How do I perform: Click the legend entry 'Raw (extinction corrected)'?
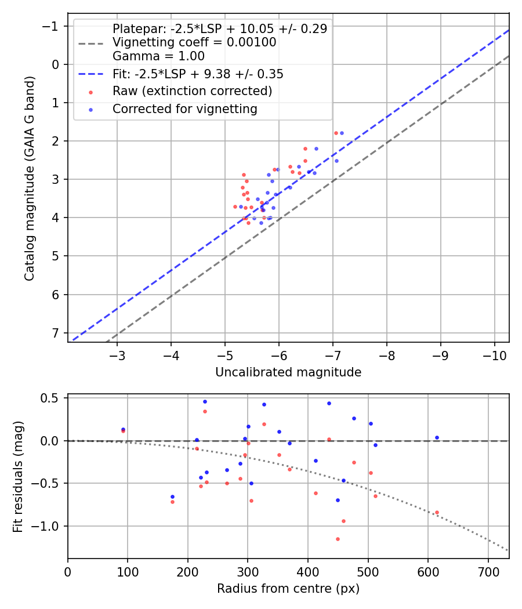192,91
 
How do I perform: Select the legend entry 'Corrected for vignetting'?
185,109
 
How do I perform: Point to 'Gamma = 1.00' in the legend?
158,56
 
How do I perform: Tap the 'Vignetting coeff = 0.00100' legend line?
194,42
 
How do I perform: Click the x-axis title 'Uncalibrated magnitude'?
288,372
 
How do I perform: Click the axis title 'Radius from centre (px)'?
288,589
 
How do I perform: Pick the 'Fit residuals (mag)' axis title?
18,476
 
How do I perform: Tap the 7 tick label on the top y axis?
56,333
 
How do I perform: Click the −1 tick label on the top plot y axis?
51,26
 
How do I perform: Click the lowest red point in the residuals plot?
338,539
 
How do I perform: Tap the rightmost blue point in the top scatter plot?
342,133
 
